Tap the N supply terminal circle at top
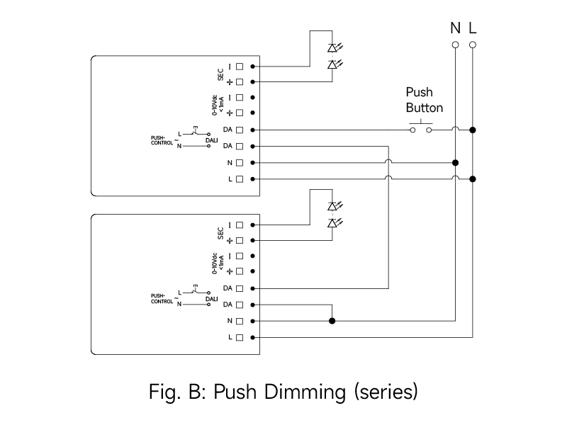tap(455, 45)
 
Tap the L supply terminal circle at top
tap(473, 45)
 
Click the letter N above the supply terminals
tap(455, 28)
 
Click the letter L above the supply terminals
tap(473, 28)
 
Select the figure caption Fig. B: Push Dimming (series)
tap(283, 392)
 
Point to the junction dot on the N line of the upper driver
tap(455, 162)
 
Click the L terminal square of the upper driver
tap(240, 178)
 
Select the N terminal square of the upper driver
tap(240, 162)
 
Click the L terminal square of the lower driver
tap(240, 337)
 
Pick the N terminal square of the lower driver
tap(240, 321)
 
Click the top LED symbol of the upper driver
tap(332, 48)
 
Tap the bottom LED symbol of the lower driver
tap(332, 223)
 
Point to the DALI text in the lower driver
tap(211, 300)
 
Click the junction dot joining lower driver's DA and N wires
tap(332, 321)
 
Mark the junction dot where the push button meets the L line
tap(473, 130)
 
